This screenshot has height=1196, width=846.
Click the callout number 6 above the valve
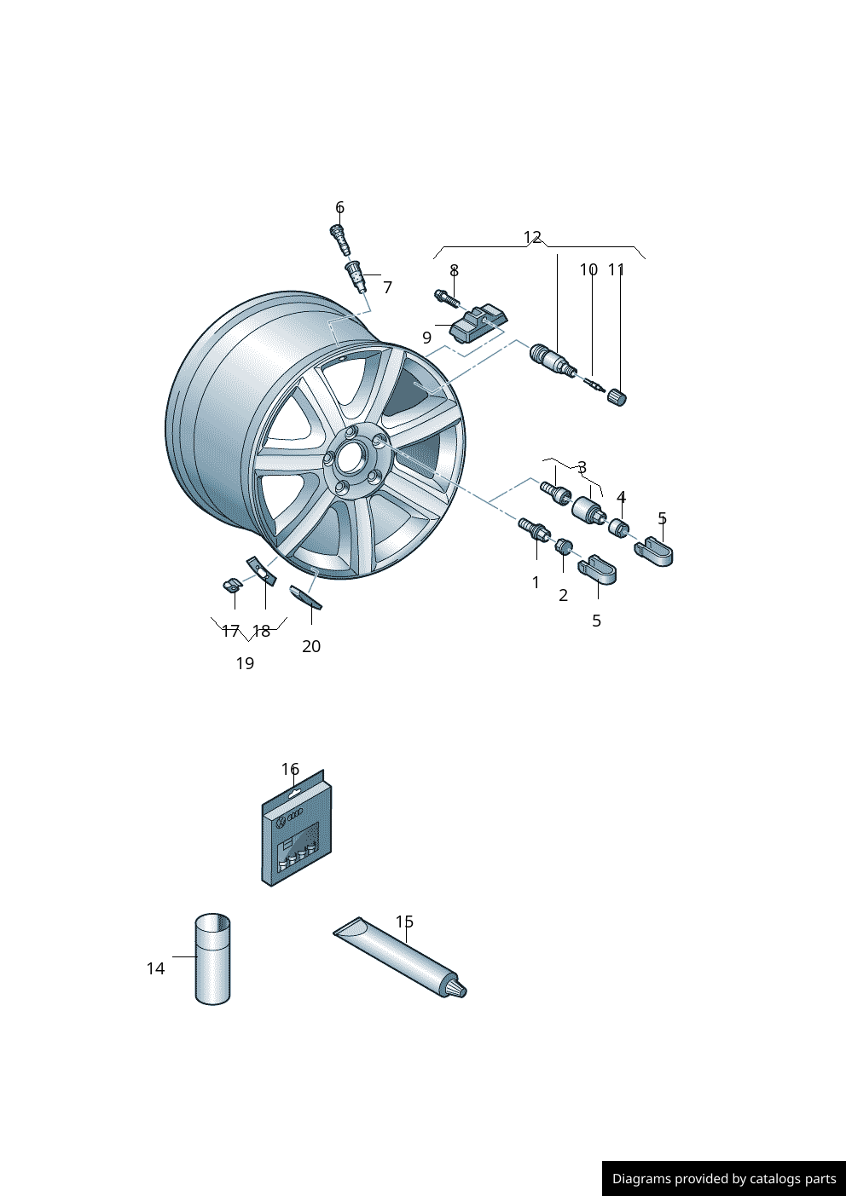coord(339,207)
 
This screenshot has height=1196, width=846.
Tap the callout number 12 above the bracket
coord(532,237)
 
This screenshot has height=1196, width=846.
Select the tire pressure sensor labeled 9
coord(477,324)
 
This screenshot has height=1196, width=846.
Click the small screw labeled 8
coord(446,298)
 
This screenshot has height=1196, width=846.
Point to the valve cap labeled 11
coord(617,396)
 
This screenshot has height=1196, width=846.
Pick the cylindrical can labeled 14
coord(212,959)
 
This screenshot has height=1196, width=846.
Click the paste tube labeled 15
coord(401,957)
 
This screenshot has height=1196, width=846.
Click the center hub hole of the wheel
coord(350,459)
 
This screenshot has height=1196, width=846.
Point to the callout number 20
coord(311,646)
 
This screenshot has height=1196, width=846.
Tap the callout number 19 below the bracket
coord(245,663)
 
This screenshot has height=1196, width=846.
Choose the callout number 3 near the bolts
coord(582,467)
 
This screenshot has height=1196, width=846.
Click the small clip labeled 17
coord(230,585)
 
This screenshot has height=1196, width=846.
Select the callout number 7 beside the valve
coord(387,287)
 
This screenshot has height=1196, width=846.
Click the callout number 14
coord(155,968)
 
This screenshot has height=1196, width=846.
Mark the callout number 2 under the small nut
coord(563,595)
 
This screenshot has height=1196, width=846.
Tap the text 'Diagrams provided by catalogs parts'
coord(724,1179)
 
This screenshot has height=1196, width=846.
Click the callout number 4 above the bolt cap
coord(621,497)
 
